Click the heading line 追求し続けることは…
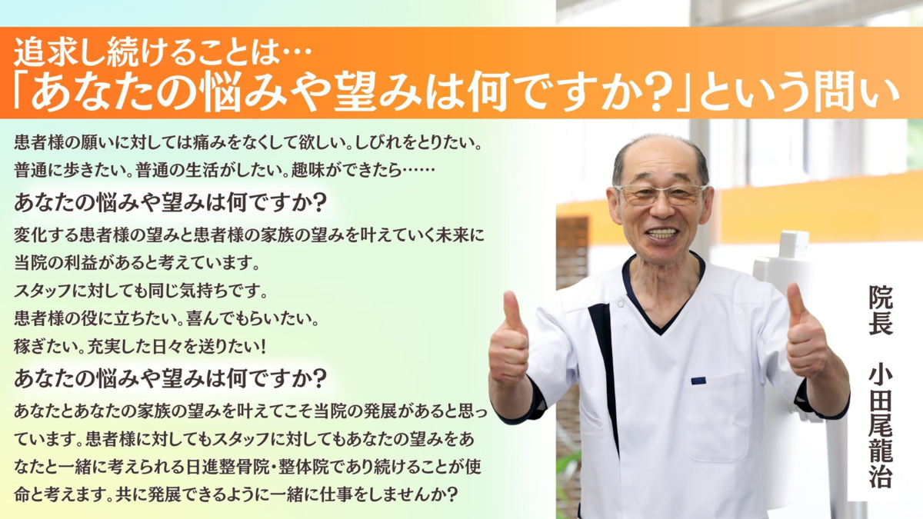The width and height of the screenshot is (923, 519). (x=163, y=53)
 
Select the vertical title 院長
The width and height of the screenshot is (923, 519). (x=881, y=310)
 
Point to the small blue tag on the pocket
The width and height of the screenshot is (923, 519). (x=698, y=381)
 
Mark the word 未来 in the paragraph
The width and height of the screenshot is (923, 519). (x=452, y=235)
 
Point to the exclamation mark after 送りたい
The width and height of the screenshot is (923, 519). (x=262, y=347)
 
